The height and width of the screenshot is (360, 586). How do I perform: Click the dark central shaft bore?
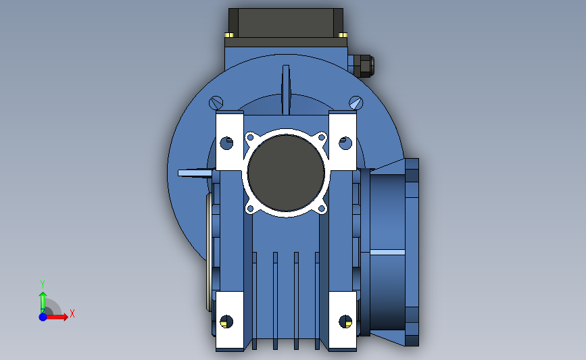tap(286, 173)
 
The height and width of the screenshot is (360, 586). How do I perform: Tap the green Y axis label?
tap(43, 284)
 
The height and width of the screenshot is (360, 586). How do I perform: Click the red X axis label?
tap(72, 313)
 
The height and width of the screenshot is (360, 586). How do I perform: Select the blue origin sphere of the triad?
tap(43, 317)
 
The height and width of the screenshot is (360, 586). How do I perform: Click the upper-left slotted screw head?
tap(216, 103)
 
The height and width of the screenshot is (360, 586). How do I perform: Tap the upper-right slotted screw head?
tap(356, 103)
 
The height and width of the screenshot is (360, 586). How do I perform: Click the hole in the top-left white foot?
tap(226, 143)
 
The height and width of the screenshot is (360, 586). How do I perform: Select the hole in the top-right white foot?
tap(345, 143)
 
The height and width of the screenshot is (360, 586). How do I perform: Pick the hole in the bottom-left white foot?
tap(226, 322)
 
